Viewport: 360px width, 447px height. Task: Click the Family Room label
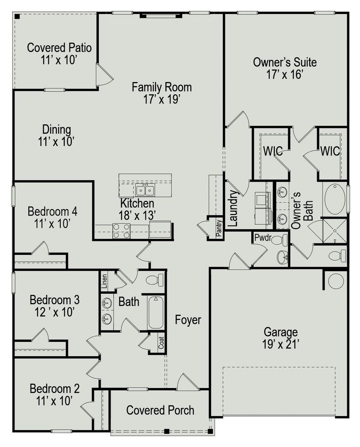click(162, 87)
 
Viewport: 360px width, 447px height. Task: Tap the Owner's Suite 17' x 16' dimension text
click(284, 75)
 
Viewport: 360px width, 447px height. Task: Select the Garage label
click(280, 332)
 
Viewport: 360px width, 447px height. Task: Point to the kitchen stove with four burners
click(121, 230)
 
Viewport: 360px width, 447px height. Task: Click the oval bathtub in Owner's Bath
click(335, 199)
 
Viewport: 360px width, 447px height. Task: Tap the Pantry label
click(219, 228)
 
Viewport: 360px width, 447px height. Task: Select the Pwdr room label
click(262, 237)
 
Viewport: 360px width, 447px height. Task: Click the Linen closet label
click(104, 281)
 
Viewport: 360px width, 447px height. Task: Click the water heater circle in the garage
click(336, 281)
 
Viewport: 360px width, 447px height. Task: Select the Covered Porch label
click(160, 410)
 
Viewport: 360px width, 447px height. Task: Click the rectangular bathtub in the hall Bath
click(156, 313)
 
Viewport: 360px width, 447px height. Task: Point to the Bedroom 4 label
click(52, 212)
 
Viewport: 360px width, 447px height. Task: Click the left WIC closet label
click(273, 151)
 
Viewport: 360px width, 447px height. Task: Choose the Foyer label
click(188, 320)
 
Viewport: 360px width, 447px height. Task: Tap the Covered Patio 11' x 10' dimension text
click(59, 60)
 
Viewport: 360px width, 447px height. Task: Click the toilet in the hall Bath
click(155, 279)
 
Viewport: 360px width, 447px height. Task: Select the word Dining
click(56, 129)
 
